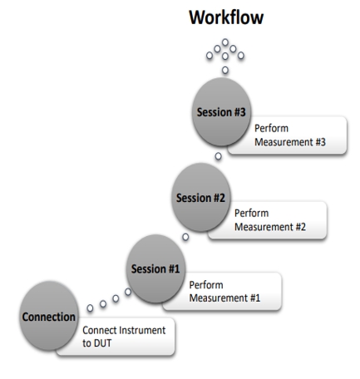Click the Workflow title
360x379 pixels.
226,17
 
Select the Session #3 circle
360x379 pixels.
221,111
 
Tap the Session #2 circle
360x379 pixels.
201,197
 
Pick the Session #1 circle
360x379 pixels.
155,268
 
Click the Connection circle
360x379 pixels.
49,316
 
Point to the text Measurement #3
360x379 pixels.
290,142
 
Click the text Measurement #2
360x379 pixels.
270,227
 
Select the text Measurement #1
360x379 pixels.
224,298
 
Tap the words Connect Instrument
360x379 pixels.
124,330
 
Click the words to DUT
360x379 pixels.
96,343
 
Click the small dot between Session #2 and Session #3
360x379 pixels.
219,156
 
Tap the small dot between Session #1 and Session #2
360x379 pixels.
185,237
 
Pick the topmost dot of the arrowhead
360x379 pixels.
225,42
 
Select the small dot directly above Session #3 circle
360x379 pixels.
225,70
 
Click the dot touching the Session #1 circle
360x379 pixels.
128,292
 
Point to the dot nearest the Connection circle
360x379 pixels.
90,308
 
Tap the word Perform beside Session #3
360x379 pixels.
271,128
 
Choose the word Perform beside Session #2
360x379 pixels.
251,213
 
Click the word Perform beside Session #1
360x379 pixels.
206,285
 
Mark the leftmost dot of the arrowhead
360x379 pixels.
210,56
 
